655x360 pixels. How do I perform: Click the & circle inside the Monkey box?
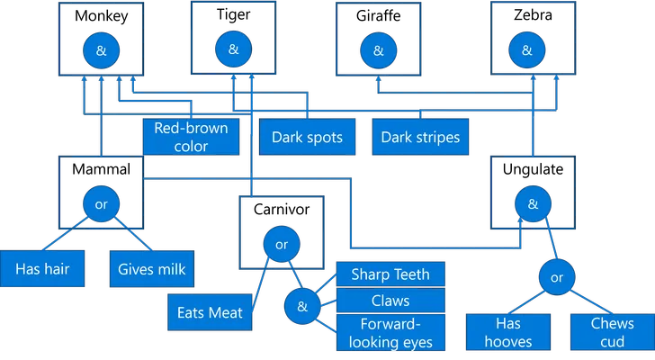click(101, 50)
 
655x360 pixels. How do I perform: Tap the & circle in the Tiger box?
click(234, 49)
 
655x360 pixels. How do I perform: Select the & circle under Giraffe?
click(379, 50)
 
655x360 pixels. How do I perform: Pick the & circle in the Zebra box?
click(526, 50)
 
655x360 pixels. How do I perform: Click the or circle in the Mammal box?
click(101, 203)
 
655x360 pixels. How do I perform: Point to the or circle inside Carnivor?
click(282, 244)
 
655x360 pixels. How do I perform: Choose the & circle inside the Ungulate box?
click(533, 203)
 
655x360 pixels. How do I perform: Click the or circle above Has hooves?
click(557, 277)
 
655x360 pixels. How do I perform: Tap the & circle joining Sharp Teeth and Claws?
click(302, 306)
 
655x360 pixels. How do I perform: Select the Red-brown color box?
click(192, 137)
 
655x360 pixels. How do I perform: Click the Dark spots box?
click(307, 137)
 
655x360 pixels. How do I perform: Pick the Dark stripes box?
click(420, 137)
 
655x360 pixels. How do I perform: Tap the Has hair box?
click(42, 269)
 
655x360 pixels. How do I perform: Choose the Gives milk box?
click(152, 269)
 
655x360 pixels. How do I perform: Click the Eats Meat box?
click(210, 312)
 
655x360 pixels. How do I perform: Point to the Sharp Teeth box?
click(390, 274)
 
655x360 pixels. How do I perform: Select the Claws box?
click(390, 301)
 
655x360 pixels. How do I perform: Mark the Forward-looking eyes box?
click(390, 332)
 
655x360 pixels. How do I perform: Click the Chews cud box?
click(613, 332)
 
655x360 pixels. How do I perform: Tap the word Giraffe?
click(379, 15)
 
